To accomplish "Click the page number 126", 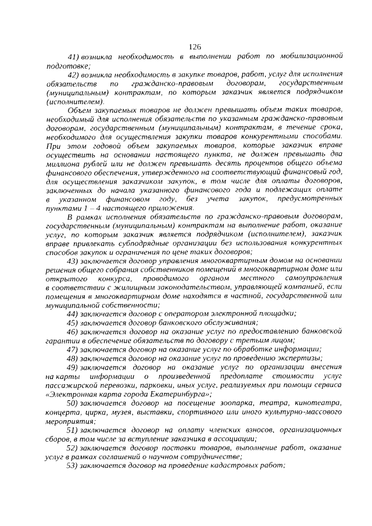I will (195, 47).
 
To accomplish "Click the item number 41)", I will (74, 58).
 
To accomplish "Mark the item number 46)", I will (74, 331).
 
